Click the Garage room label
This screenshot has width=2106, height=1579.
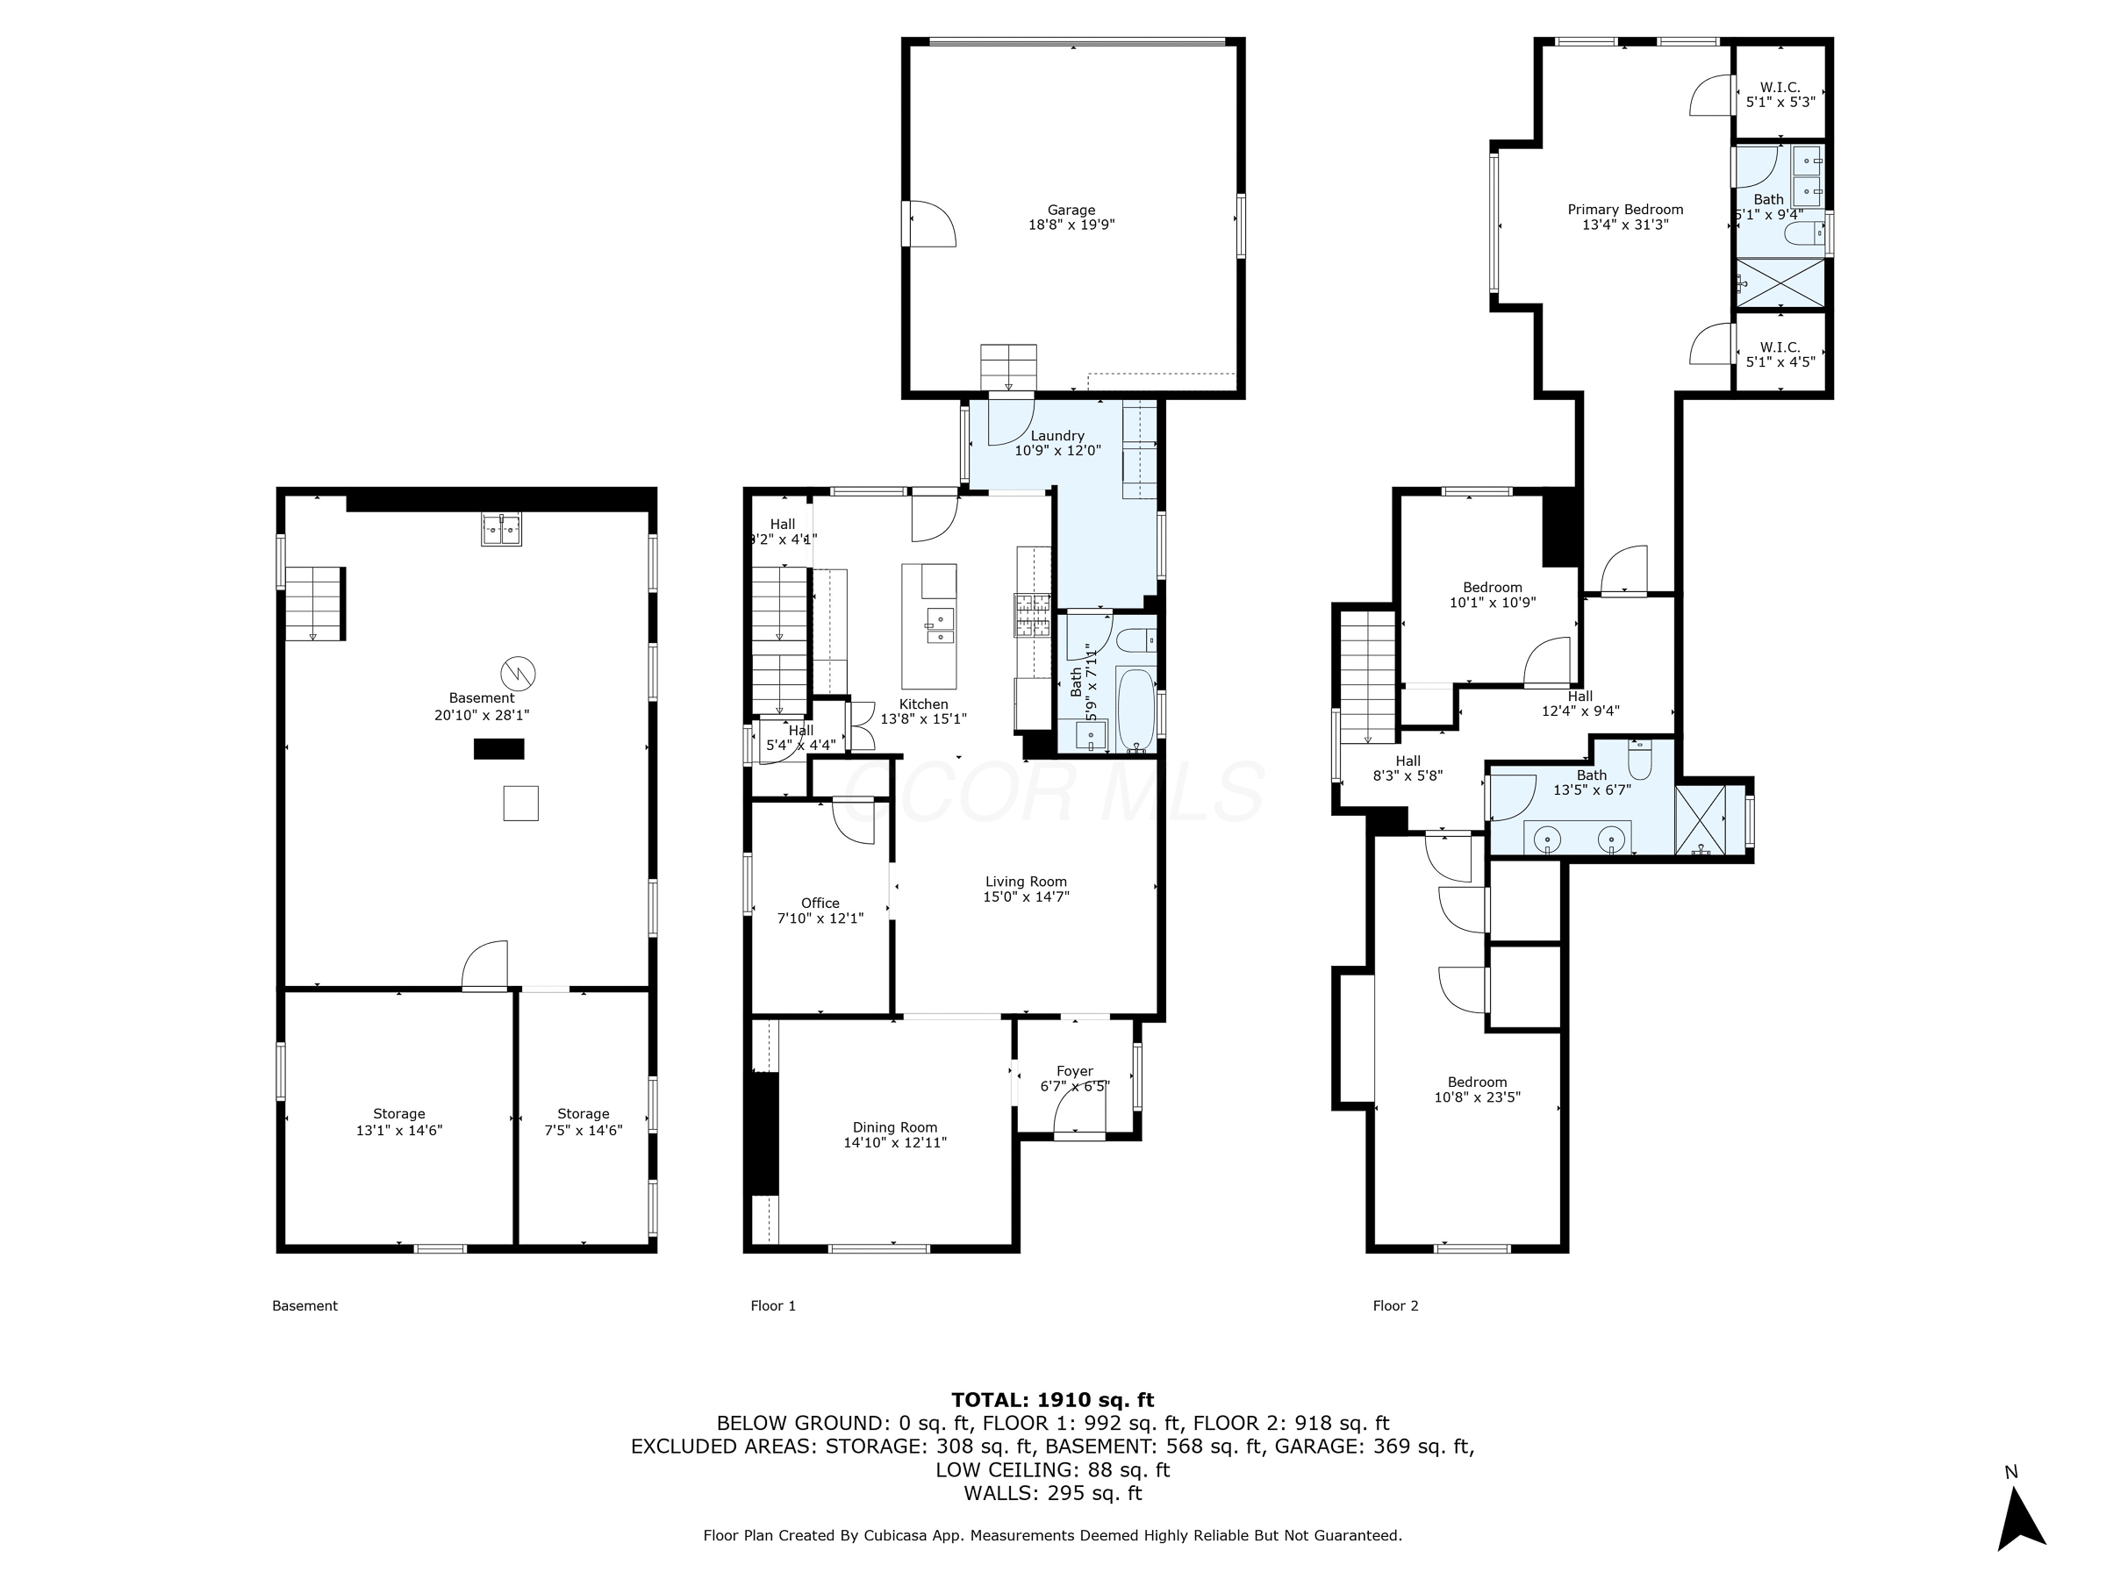(x=1071, y=211)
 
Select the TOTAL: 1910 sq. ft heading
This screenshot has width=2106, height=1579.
(x=1052, y=1400)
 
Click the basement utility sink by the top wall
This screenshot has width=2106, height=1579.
(x=502, y=529)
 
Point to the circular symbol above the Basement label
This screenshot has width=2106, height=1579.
(x=518, y=673)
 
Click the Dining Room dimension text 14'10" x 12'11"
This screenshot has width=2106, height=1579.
(x=895, y=1142)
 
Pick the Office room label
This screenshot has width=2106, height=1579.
(x=820, y=904)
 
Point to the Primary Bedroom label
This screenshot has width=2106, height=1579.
(x=1625, y=210)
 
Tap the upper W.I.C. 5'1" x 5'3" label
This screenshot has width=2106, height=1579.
(x=1780, y=94)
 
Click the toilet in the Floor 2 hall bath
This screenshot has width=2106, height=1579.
(x=1640, y=761)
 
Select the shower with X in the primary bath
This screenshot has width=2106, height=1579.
(x=1780, y=282)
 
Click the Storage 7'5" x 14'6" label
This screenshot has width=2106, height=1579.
(x=584, y=1121)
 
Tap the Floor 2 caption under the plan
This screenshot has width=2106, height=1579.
(x=1395, y=1306)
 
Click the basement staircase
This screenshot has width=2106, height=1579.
(x=313, y=604)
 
